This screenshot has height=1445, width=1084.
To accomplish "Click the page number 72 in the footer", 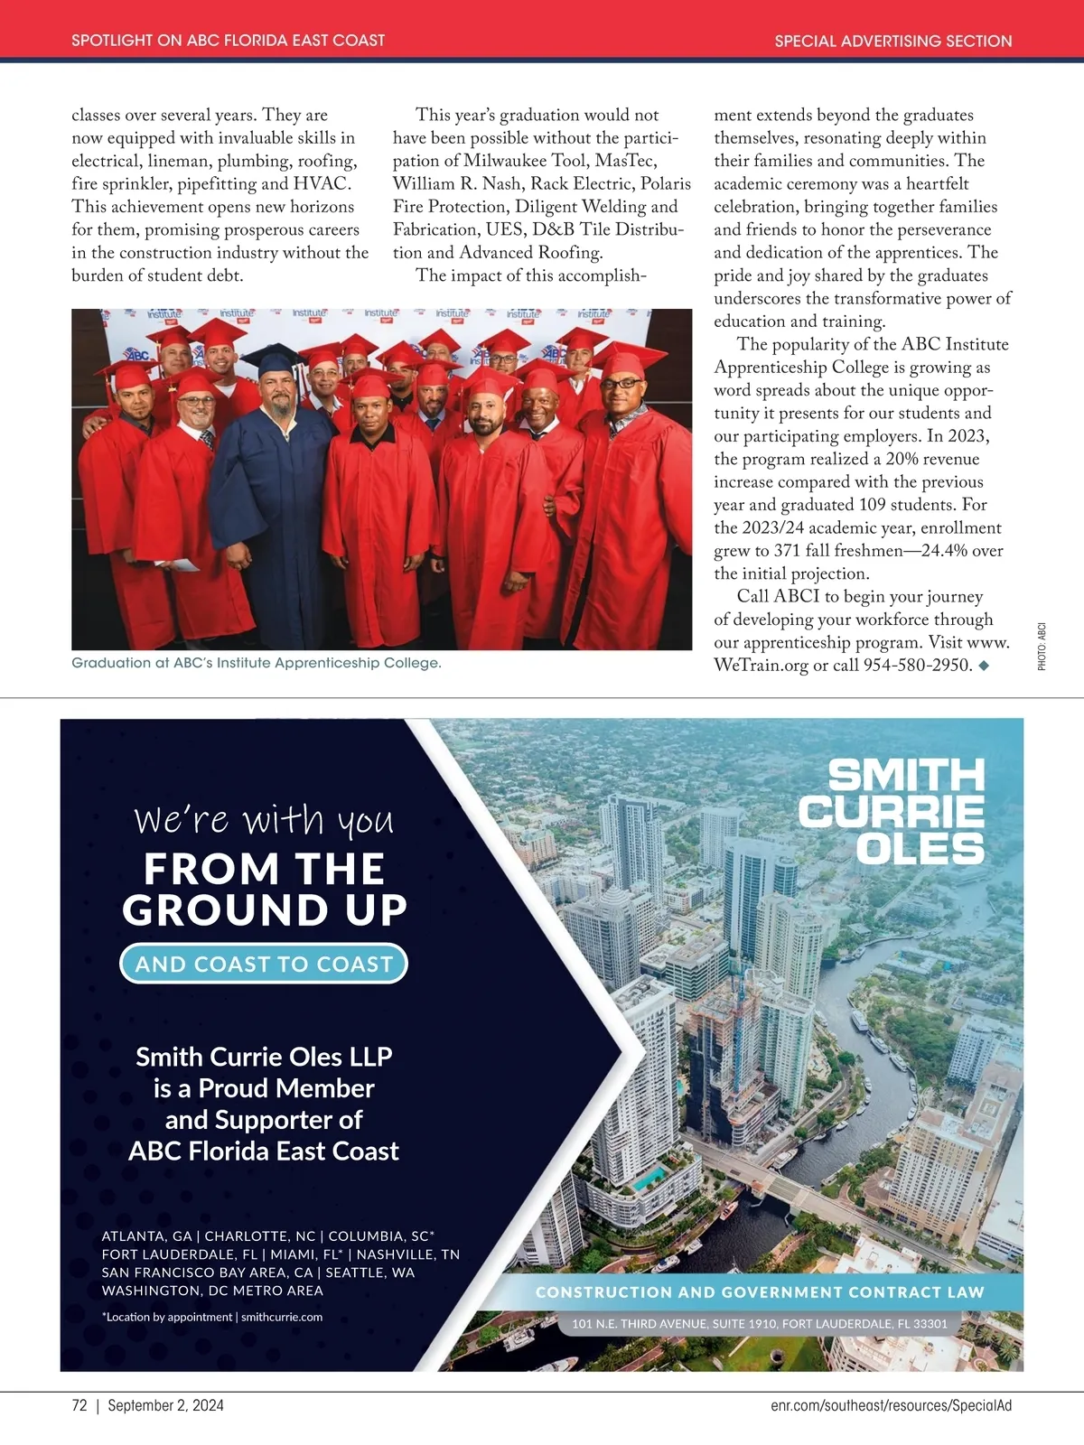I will pyautogui.click(x=79, y=1405).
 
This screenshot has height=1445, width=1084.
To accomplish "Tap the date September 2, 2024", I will pyautogui.click(x=165, y=1405).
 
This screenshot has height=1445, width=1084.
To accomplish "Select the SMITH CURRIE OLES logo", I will pyautogui.click(x=892, y=811).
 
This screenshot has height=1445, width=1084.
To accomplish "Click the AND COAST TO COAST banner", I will pyautogui.click(x=264, y=964).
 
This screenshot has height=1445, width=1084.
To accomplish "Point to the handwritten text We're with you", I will pyautogui.click(x=264, y=819).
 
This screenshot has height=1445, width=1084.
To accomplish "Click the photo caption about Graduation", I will pyautogui.click(x=257, y=663).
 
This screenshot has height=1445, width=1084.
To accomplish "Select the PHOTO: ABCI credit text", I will pyautogui.click(x=1042, y=646).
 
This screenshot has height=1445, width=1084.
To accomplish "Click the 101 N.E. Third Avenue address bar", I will pyautogui.click(x=760, y=1324).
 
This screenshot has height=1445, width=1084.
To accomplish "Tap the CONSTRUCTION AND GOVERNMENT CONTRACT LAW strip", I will pyautogui.click(x=760, y=1292).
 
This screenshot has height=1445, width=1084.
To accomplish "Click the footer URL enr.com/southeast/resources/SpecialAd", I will pyautogui.click(x=891, y=1405).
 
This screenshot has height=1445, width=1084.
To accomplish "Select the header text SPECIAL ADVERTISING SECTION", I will pyautogui.click(x=892, y=41).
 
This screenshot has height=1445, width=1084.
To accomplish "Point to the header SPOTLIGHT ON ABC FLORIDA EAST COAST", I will pyautogui.click(x=228, y=41).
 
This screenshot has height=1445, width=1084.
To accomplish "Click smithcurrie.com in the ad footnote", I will pyautogui.click(x=282, y=1317).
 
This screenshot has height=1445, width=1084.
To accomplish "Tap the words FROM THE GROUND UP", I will pyautogui.click(x=264, y=889).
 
